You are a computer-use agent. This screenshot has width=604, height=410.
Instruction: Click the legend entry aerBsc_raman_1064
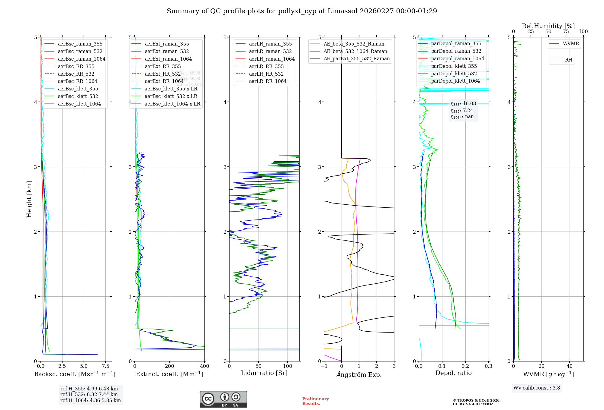82,59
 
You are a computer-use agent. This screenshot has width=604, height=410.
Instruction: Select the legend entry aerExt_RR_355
162,66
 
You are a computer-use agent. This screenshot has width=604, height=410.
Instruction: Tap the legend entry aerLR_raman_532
270,51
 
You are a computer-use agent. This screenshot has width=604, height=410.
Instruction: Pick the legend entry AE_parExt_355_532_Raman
356,58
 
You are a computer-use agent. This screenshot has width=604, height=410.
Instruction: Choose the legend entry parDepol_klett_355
454,66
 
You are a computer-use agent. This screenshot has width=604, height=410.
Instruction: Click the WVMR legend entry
571,44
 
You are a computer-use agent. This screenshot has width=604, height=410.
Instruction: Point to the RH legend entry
568,60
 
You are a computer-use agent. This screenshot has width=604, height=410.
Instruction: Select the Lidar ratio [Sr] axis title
264,373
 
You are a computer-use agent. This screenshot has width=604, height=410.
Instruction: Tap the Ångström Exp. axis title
359,374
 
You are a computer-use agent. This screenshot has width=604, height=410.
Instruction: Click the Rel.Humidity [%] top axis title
548,26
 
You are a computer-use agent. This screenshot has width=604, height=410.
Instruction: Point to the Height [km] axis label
29,199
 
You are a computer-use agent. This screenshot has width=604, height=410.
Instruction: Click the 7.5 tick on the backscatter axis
105,366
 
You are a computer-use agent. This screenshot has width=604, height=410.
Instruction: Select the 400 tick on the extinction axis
204,366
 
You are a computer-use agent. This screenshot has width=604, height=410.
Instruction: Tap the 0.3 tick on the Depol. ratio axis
488,366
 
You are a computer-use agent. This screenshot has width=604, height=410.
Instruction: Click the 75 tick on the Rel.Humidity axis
566,32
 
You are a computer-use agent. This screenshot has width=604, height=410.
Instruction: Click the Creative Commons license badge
223,399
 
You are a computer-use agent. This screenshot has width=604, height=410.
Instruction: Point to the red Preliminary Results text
315,401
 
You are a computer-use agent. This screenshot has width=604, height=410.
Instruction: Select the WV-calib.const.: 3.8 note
537,388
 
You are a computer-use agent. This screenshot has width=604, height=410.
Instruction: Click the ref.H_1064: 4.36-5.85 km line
91,401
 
